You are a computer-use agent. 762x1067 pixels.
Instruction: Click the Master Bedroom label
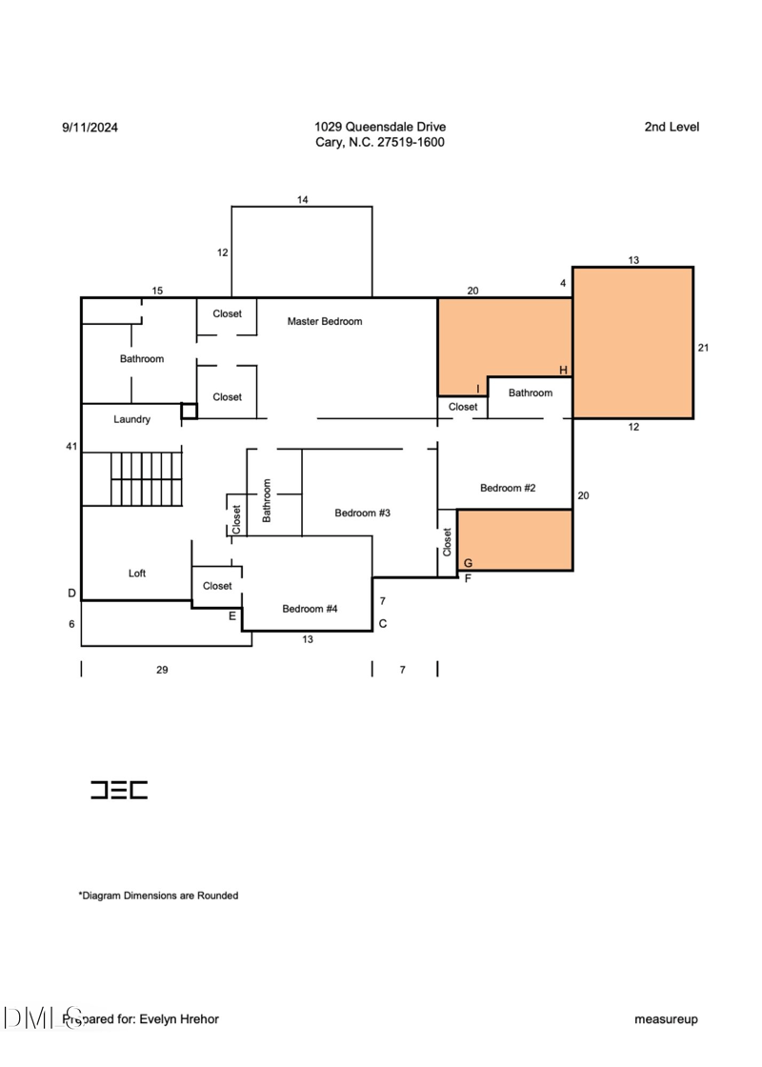325,321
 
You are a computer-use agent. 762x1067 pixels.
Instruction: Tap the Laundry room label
132,419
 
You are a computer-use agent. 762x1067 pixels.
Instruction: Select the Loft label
137,573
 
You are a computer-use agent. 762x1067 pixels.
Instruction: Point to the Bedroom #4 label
310,609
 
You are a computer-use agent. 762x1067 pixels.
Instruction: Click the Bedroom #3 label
363,513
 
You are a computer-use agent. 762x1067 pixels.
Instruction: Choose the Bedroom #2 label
508,487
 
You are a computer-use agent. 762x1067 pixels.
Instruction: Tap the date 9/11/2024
90,128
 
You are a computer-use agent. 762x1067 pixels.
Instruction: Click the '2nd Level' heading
672,127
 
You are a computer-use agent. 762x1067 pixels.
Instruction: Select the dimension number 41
71,447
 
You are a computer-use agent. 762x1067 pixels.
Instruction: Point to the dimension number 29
162,670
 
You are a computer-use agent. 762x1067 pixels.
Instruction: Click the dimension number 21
704,348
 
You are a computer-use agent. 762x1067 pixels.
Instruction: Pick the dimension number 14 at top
303,199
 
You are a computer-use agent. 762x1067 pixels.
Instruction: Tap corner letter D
71,594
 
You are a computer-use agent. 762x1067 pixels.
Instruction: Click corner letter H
563,371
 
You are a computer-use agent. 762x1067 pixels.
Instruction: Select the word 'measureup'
666,1019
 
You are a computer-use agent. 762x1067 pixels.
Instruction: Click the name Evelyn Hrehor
179,1018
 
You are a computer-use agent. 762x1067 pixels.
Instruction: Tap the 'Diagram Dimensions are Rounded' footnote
158,896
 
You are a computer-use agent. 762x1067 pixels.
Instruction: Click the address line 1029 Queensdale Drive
380,127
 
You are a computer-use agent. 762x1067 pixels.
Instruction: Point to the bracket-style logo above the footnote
119,790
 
